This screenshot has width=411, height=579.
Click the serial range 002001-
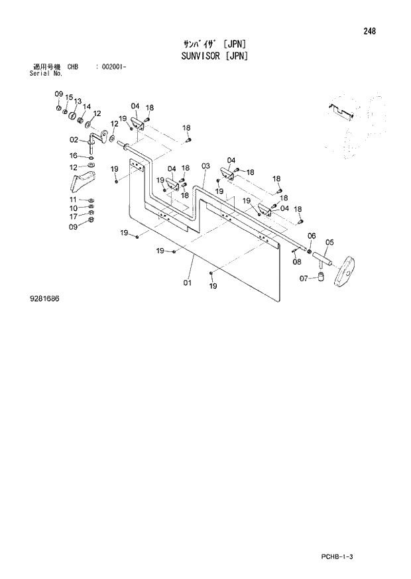[112, 68]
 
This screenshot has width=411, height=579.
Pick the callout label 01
[187, 284]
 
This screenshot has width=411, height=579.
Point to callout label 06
[312, 235]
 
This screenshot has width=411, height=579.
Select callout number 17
[73, 216]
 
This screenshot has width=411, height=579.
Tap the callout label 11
[73, 200]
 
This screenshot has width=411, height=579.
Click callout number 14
[87, 106]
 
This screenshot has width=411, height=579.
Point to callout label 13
[78, 101]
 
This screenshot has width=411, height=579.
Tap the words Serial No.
[46, 73]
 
